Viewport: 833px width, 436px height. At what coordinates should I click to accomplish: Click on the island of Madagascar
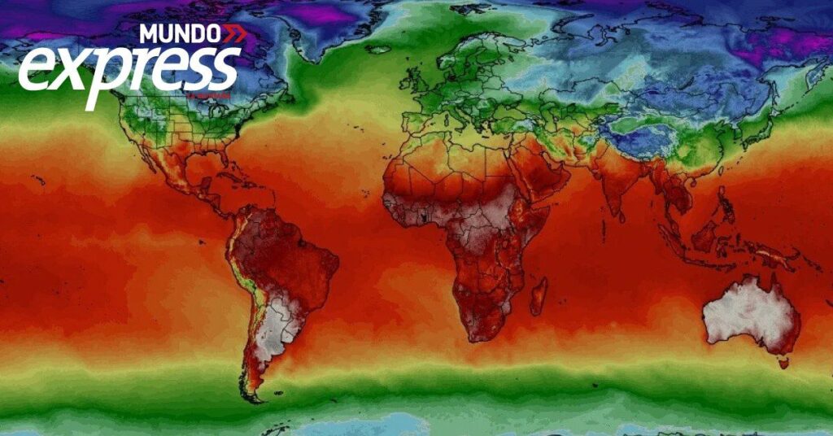pos(538,295)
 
